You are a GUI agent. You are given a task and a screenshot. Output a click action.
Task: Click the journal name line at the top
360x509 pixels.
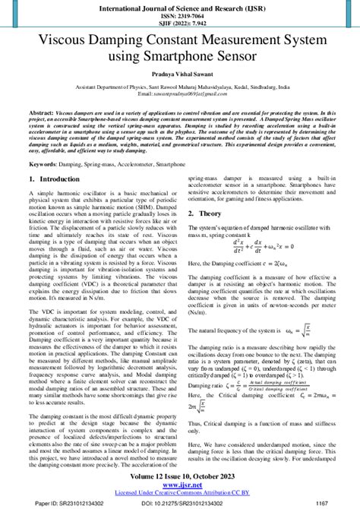[x=180, y=8]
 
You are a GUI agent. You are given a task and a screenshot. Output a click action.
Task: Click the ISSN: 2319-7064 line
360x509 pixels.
[x=180, y=17]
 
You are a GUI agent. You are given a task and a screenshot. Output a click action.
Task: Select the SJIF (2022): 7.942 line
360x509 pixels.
[x=180, y=25]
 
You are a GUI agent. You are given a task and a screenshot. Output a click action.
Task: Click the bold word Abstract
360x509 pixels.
[x=40, y=132]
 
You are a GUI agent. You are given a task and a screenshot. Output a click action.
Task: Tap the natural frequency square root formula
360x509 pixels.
[x=302, y=330]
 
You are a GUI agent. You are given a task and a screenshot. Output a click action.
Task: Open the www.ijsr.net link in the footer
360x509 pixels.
[x=180, y=485]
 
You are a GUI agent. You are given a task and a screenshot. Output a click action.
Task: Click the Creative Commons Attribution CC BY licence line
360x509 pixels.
[x=180, y=493]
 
